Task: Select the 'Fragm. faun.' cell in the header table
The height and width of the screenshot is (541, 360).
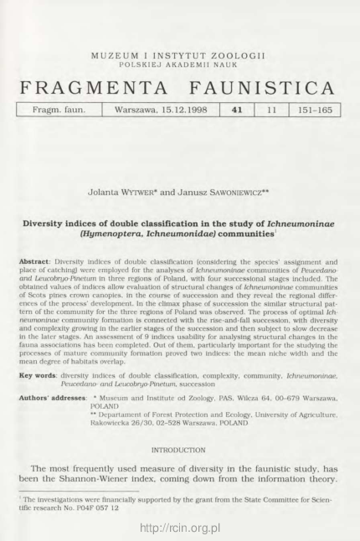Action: pyautogui.click(x=59, y=110)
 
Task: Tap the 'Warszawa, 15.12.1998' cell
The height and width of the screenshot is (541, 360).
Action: pyautogui.click(x=159, y=110)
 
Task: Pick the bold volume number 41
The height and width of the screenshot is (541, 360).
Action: pyautogui.click(x=234, y=110)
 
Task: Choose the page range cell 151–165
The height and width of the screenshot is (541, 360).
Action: pyautogui.click(x=311, y=110)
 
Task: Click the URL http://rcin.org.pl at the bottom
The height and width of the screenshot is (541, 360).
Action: pyautogui.click(x=180, y=530)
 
